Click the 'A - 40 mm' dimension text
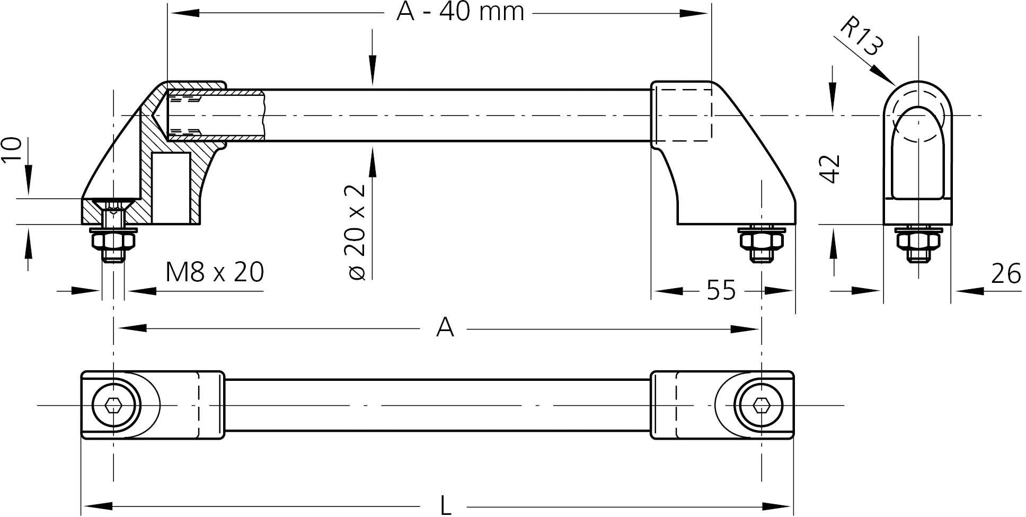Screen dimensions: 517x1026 coord(460,12)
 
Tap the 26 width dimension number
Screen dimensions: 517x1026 coord(1006,274)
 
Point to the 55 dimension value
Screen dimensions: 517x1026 coord(721,290)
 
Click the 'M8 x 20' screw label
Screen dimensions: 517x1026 coord(215,272)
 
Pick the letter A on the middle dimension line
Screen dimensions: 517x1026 coord(445,328)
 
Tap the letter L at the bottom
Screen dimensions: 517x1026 coord(446,506)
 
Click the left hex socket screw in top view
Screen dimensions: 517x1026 coord(113,406)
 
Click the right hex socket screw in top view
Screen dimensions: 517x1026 coord(762,406)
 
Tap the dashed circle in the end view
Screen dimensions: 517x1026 coord(917,117)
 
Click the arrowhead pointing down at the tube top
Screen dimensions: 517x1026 coord(373,74)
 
